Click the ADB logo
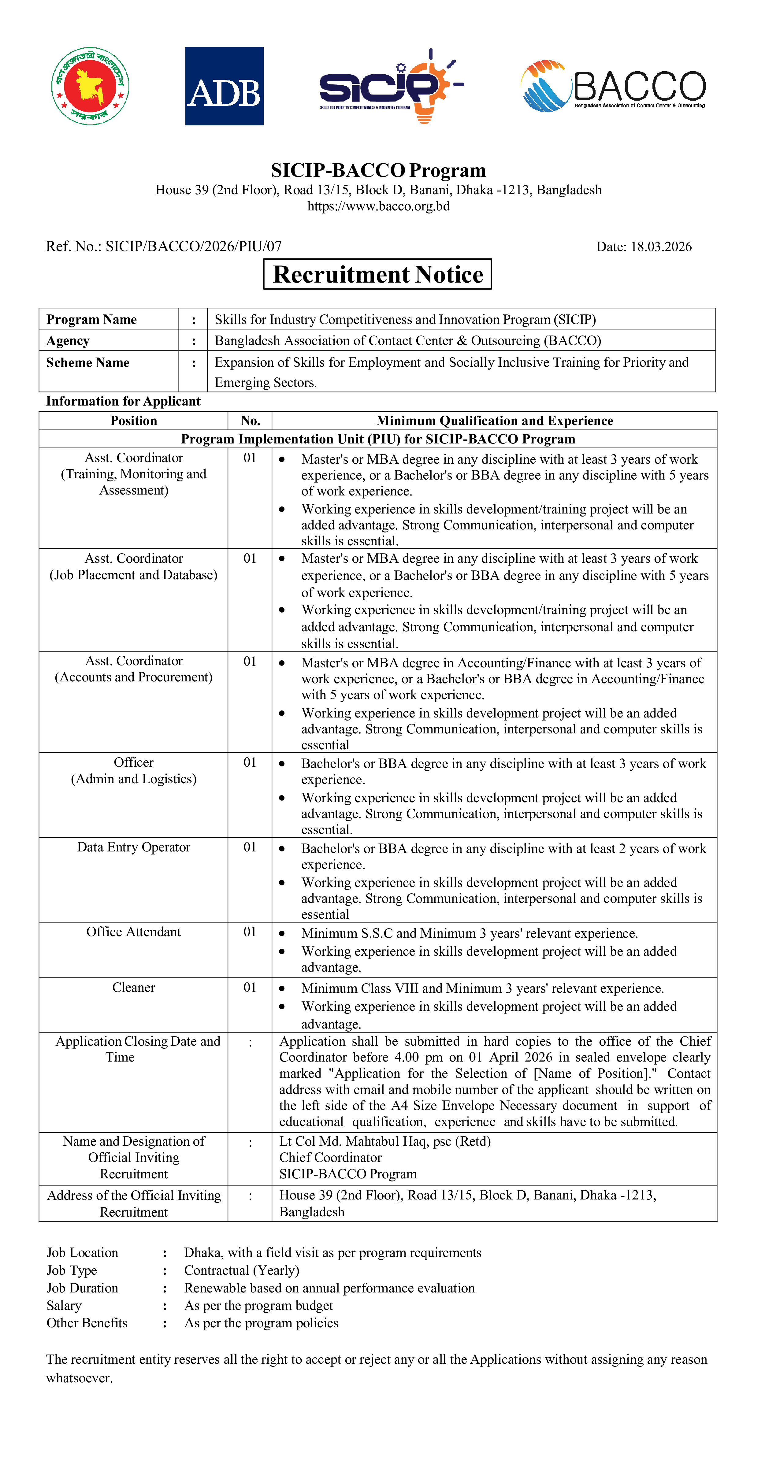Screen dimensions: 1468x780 click(x=224, y=86)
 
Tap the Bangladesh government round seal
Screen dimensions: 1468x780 click(x=90, y=86)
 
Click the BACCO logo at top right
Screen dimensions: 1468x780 click(x=613, y=86)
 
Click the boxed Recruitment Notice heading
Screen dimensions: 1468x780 click(x=377, y=274)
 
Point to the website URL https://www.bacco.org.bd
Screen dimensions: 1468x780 click(x=378, y=206)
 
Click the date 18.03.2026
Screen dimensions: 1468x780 click(x=661, y=247)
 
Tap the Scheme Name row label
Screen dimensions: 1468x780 click(x=88, y=363)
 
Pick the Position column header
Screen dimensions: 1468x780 click(x=133, y=421)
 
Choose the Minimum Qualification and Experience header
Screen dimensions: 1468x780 click(x=494, y=421)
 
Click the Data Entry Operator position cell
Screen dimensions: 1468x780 click(x=133, y=847)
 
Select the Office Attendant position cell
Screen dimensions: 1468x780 click(x=133, y=932)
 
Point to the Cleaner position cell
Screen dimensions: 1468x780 click(x=133, y=988)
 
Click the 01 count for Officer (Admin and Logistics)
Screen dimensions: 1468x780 click(x=250, y=762)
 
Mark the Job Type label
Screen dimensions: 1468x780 click(x=72, y=1270)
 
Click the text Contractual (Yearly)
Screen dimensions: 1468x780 click(x=242, y=1270)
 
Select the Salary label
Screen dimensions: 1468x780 click(x=64, y=1306)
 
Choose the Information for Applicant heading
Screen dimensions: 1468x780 click(x=123, y=401)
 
